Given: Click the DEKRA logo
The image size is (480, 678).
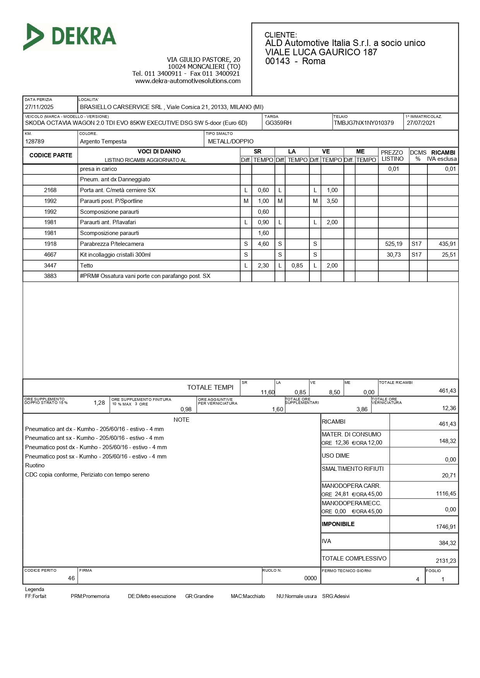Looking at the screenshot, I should (x=70, y=37).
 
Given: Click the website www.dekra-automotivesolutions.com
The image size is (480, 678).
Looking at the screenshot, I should (x=188, y=81).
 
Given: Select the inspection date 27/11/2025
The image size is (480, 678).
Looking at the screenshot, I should (x=39, y=107).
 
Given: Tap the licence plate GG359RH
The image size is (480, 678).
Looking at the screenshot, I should (x=278, y=123).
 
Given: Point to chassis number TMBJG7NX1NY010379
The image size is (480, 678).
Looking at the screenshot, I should (x=364, y=123).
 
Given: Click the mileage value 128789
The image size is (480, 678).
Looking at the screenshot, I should (x=34, y=141).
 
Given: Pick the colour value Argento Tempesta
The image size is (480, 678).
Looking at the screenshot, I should (x=103, y=141).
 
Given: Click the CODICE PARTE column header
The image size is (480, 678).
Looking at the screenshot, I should (x=51, y=155).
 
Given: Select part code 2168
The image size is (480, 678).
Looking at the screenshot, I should (x=50, y=190).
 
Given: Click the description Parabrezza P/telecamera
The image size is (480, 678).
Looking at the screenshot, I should (x=112, y=244).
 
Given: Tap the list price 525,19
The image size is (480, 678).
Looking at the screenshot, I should (x=393, y=244).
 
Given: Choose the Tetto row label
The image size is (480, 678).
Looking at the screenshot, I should (x=86, y=266).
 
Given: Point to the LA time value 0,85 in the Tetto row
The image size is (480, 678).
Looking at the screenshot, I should (x=297, y=266).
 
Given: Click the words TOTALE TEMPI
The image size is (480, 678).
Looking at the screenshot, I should (x=210, y=387).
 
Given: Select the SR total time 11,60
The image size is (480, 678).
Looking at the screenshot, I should (x=267, y=392).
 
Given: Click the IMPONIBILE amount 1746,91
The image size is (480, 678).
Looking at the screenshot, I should (x=446, y=527).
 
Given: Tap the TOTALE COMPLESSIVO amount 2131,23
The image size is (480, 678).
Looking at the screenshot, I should (x=446, y=561).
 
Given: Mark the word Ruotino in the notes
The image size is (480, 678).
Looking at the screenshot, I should (x=35, y=465).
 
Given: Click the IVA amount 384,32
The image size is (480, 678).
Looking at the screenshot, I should (x=447, y=543).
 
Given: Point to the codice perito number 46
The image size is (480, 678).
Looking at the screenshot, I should (x=71, y=578).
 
